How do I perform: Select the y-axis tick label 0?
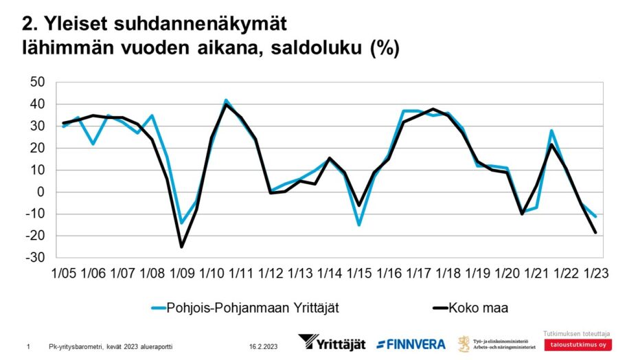41,192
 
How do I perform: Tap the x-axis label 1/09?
181,273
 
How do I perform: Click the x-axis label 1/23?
595,273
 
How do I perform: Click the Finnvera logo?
411,344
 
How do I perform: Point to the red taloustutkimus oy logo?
576,345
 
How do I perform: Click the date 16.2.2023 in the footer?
264,347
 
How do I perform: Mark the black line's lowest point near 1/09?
182,247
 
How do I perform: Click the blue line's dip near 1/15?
358,225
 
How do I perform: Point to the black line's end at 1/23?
595,233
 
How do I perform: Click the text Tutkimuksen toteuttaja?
576,334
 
